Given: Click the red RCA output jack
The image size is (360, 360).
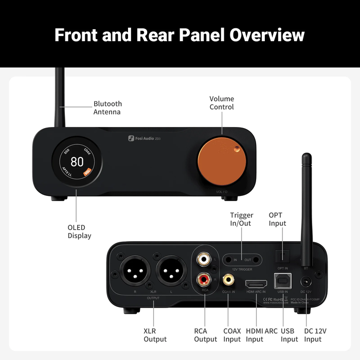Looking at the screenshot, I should click(x=205, y=280).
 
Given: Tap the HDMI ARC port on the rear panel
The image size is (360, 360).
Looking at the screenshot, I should click(x=256, y=283).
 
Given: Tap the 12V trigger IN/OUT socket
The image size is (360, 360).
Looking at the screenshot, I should click(x=242, y=260).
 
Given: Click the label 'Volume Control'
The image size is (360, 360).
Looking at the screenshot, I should click(x=222, y=103).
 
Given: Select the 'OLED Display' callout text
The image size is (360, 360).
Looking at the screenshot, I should click(x=79, y=231).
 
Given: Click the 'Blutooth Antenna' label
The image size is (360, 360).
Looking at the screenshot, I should click(x=107, y=108).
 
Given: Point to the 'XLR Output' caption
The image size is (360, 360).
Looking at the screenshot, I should click(x=155, y=335).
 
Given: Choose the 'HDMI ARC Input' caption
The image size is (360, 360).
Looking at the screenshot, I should click(x=262, y=335).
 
